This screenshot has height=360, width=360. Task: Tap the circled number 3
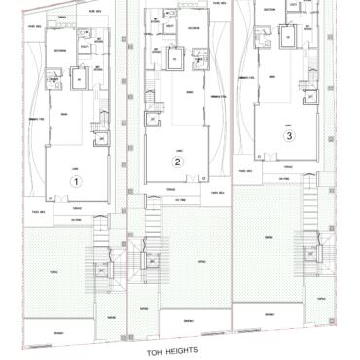tap(289, 137)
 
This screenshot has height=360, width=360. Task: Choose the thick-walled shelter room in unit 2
tap(175, 59)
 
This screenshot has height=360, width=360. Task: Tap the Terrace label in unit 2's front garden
tap(200, 260)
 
